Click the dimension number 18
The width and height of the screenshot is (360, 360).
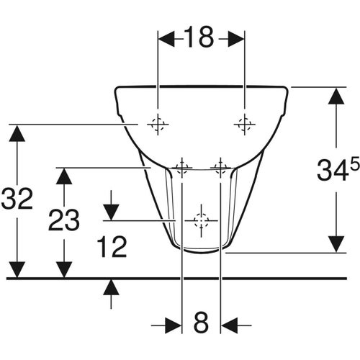(x=199, y=37)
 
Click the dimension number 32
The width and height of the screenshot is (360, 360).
(x=17, y=199)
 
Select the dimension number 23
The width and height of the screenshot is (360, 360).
(x=65, y=220)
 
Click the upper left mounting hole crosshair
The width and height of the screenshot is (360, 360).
(x=157, y=125)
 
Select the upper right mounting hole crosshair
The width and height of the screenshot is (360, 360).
(x=244, y=125)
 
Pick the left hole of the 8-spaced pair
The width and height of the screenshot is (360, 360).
(x=182, y=168)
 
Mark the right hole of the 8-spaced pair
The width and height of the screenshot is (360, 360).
(x=220, y=168)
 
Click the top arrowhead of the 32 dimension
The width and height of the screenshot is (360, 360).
(x=17, y=133)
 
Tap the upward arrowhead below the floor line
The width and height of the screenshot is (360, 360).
(x=110, y=287)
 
